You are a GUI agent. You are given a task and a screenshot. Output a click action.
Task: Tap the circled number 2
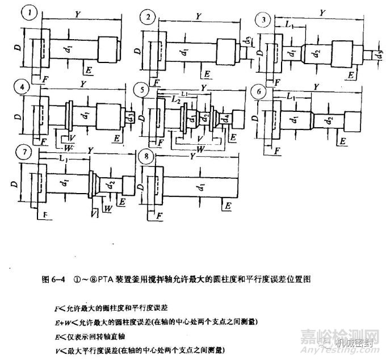point(148,18)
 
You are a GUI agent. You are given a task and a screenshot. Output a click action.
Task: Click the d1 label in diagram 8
point(200,186)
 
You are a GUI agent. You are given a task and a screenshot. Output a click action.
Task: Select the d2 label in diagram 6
point(328,120)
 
